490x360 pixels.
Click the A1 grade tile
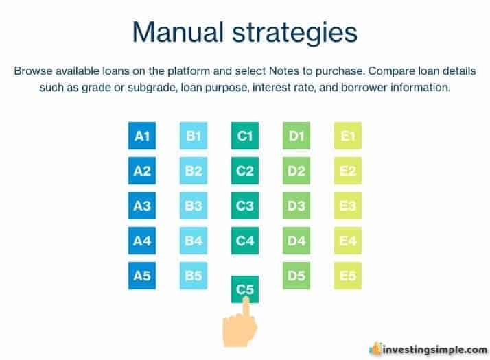point(142,136)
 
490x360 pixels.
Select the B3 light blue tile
point(194,206)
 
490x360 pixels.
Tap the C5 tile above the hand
point(245,289)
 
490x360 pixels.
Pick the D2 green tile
point(296,171)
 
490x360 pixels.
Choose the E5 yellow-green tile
point(348,276)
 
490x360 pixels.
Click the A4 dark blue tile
point(142,241)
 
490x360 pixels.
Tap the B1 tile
point(194,136)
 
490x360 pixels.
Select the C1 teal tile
point(245,136)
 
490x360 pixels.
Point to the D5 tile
point(296,276)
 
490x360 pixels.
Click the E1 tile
point(348,136)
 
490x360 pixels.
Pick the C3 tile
point(245,206)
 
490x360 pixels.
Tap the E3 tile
point(348,206)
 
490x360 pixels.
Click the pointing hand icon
point(240,325)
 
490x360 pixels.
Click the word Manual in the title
point(178,32)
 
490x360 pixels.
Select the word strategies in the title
point(294,34)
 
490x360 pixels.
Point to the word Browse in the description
point(33,71)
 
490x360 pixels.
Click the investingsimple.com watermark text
point(434,350)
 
